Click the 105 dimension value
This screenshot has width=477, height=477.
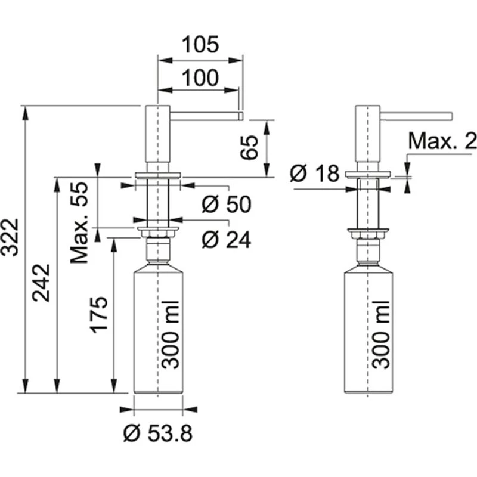(x=200, y=44)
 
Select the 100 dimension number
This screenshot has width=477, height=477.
(x=200, y=78)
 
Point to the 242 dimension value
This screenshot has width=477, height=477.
(x=41, y=283)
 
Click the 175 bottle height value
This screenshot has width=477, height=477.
(x=99, y=314)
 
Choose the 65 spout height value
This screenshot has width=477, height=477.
(x=249, y=147)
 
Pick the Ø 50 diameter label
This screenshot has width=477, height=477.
(x=227, y=204)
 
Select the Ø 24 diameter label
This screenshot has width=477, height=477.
(x=227, y=240)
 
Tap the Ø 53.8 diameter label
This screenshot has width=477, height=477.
(x=158, y=433)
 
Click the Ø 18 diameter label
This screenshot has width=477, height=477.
(x=315, y=174)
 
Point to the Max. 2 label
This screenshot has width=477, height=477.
(x=442, y=141)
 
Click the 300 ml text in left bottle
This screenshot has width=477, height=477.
(x=171, y=334)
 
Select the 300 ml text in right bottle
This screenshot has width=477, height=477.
(x=381, y=334)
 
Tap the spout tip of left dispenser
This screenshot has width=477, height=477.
(x=240, y=116)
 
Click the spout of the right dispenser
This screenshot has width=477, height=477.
(x=416, y=116)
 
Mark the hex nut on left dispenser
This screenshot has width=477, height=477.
(x=158, y=234)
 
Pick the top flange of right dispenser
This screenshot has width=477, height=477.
(x=368, y=174)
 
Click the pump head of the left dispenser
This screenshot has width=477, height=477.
(x=157, y=134)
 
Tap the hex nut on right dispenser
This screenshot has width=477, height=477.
(x=368, y=234)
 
